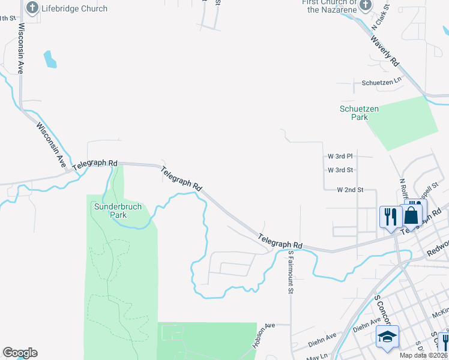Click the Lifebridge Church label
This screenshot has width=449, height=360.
click(x=74, y=9)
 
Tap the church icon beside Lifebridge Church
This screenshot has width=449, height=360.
click(x=32, y=8)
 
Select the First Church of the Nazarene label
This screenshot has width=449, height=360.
click(x=329, y=6)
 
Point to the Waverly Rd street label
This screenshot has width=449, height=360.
click(x=385, y=52)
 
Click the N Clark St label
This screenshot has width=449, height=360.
click(x=381, y=17)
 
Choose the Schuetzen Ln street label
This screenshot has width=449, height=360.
click(x=381, y=82)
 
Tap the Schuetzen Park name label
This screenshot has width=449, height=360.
click(x=354, y=113)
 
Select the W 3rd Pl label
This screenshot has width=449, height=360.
click(x=340, y=156)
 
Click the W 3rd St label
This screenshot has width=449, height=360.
click(x=340, y=170)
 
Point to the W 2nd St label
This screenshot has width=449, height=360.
click(x=351, y=190)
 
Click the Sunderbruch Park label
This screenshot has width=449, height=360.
click(x=118, y=210)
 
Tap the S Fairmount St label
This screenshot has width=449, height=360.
click(x=290, y=272)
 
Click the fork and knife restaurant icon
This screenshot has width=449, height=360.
click(x=390, y=217)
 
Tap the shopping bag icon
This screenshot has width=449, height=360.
click(x=411, y=215)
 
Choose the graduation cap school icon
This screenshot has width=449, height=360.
click(x=387, y=337)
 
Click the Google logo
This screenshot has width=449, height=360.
click(x=20, y=353)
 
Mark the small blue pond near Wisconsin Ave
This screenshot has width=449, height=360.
click(x=50, y=59)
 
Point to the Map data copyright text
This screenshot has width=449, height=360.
click(x=424, y=355)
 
